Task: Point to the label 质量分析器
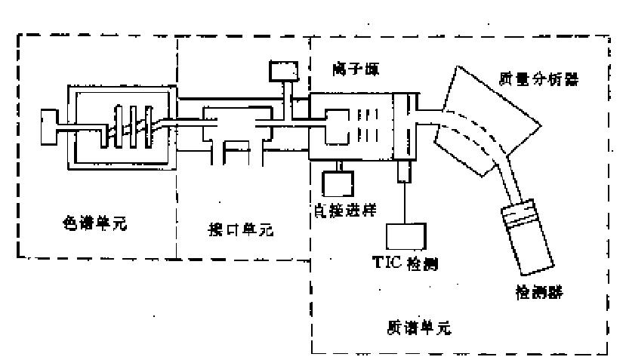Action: (x=540, y=78)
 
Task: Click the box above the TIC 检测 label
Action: (x=407, y=234)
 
